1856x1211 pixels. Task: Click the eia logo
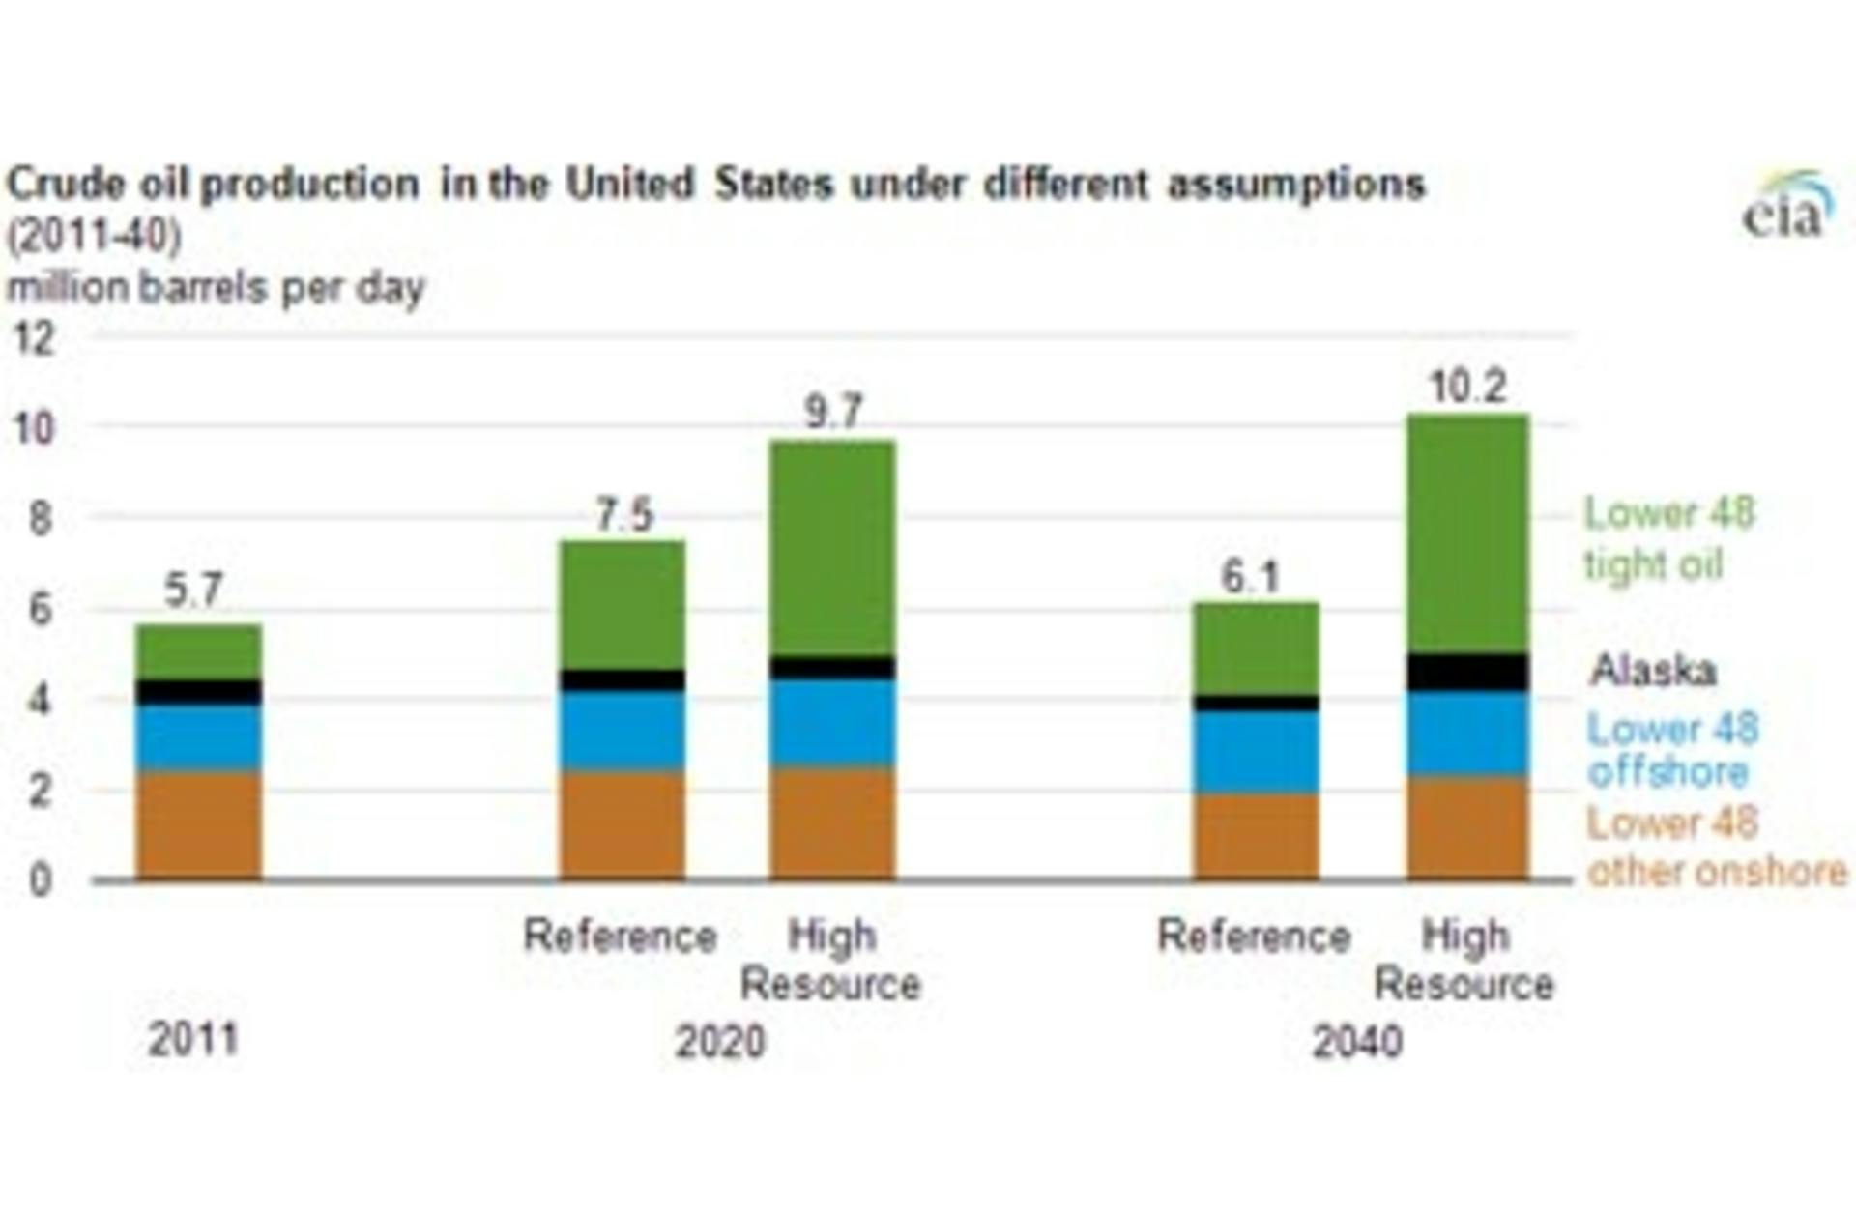(1787, 207)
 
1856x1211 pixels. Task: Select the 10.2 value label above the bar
(1467, 388)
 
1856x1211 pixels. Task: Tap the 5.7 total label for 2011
(193, 591)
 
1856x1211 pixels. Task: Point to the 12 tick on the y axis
(35, 339)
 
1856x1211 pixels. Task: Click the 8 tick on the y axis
(39, 520)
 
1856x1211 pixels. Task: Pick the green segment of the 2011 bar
(198, 651)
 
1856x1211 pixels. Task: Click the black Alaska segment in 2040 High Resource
(1467, 672)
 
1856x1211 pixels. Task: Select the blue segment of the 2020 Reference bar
(623, 730)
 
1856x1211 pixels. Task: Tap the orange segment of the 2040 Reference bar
(1256, 836)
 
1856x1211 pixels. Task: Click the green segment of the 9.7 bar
(832, 548)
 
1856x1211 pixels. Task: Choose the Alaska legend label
(1653, 670)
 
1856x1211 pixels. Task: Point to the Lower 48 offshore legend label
(1672, 750)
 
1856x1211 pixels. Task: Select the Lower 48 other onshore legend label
(1716, 848)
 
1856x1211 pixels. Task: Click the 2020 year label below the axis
(719, 1042)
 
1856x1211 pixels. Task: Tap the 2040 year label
(1356, 1042)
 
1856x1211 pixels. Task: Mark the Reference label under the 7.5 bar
(620, 936)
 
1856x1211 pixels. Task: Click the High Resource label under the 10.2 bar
(1464, 960)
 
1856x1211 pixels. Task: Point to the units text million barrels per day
(216, 288)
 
